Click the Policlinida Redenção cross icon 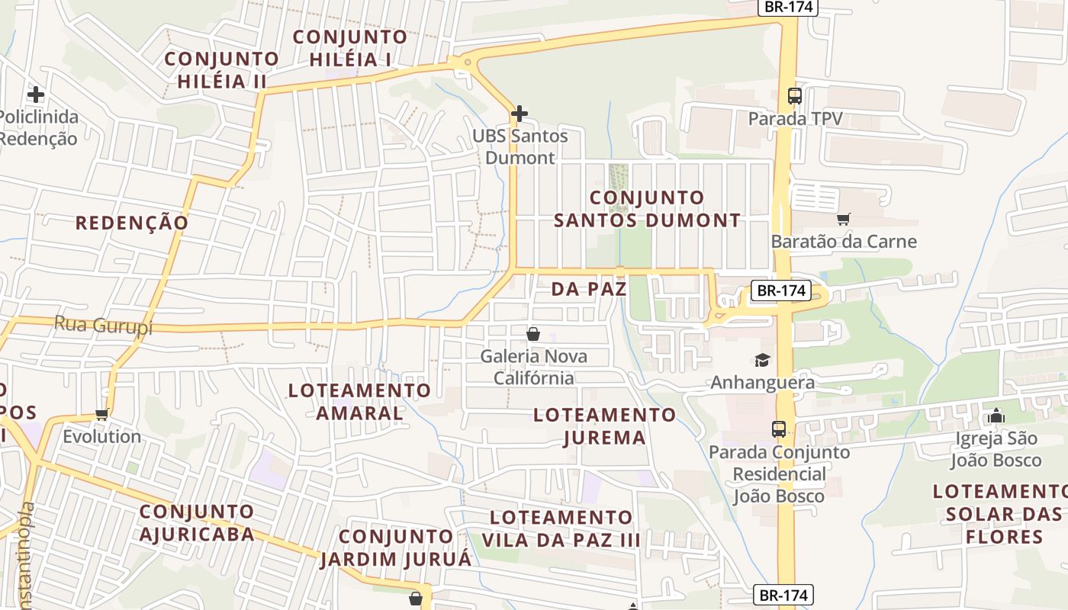[35, 95]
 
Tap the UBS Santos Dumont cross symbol [520, 114]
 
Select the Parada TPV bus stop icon [795, 96]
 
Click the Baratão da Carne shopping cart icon [843, 220]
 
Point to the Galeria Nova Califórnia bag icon [533, 334]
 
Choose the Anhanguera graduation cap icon [762, 360]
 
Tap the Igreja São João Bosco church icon [996, 416]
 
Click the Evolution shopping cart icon [101, 415]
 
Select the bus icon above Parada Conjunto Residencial [778, 429]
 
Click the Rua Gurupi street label [103, 326]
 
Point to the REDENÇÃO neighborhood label [131, 223]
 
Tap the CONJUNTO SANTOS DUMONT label [647, 209]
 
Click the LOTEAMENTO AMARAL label [359, 402]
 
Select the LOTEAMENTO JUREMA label [604, 426]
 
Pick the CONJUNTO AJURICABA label [197, 522]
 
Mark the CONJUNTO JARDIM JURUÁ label [396, 547]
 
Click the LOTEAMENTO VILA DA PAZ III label [561, 528]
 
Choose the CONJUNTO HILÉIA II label [222, 69]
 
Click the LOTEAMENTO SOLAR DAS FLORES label [1003, 513]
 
